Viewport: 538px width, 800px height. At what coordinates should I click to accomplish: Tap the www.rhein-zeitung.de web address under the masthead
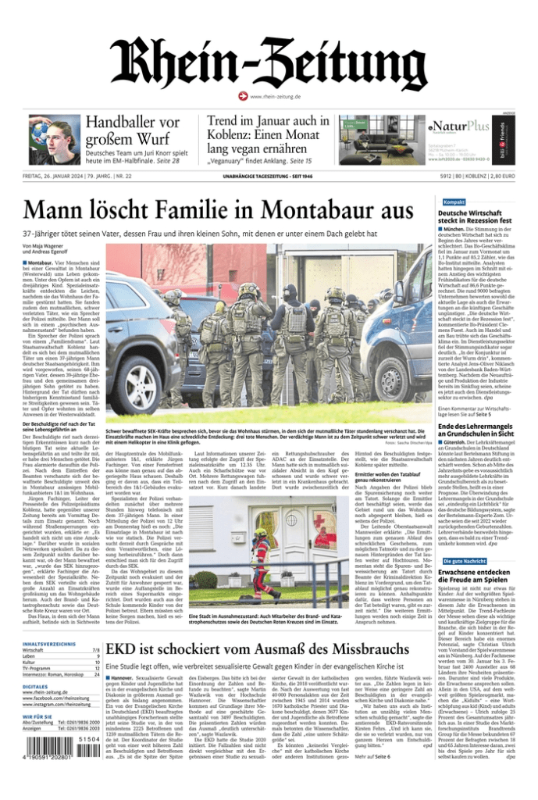tap(274, 96)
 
